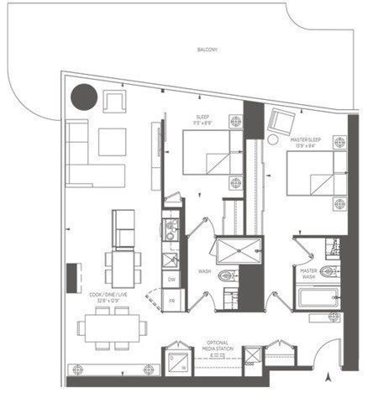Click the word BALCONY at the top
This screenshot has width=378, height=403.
[x=207, y=50]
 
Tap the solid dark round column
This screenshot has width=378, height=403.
[x=84, y=98]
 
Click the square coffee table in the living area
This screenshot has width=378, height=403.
[x=112, y=140]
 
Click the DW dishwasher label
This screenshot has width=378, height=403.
[x=171, y=278]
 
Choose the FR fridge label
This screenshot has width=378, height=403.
[x=171, y=300]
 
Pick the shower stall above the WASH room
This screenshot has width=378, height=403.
[x=227, y=250]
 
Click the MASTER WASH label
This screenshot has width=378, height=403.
[x=307, y=275]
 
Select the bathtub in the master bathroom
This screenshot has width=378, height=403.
[x=318, y=300]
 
